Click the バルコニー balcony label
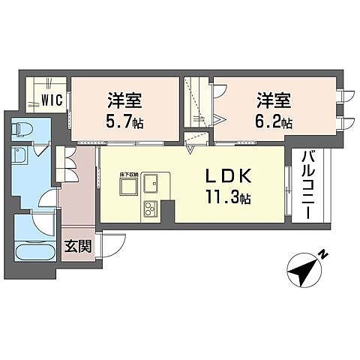coord(307,184)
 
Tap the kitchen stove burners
coord(149,208)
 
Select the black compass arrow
coord(306,271)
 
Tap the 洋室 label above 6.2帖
coord(276,99)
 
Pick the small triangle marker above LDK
coord(191,149)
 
